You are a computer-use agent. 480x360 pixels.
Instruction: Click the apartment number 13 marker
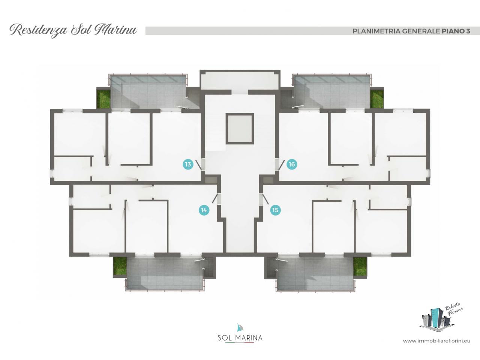point(188,164)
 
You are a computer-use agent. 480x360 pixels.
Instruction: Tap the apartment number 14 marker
point(204,210)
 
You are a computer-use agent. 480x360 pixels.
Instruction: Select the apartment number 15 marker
point(275,210)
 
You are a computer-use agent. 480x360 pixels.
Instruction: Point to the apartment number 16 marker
point(292,164)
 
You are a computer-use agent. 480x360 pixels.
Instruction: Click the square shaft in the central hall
point(240,129)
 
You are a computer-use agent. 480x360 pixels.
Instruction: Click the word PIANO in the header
point(452,31)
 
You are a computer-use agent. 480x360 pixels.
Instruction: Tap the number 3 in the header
point(467,31)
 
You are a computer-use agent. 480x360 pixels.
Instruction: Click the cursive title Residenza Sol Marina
point(73,30)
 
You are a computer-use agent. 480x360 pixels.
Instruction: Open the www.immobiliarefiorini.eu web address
point(436,347)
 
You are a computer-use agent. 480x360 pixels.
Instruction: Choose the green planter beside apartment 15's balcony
point(360,266)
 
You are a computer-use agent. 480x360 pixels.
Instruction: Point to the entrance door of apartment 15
point(265,199)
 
